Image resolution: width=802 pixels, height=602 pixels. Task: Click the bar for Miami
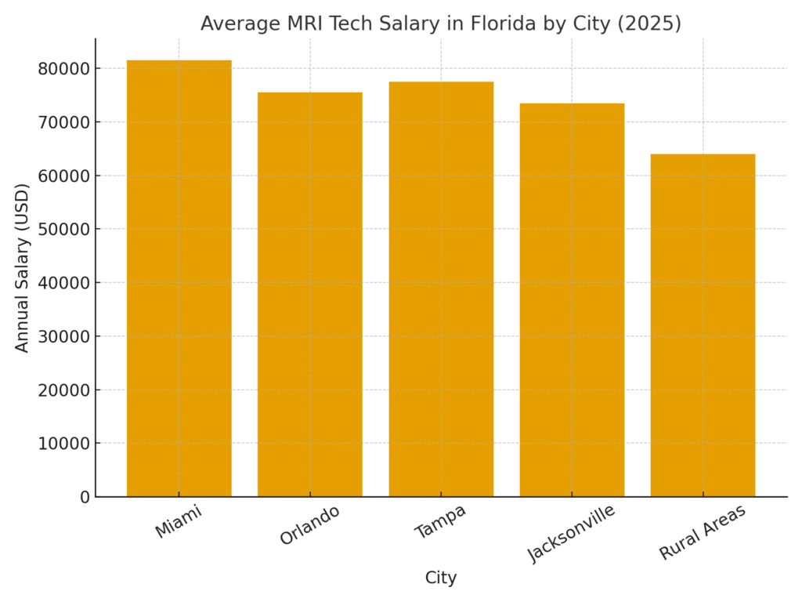179,278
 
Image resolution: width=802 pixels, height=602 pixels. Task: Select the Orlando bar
309,294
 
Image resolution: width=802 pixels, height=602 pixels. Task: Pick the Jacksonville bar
572,299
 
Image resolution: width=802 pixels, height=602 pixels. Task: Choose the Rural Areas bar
703,325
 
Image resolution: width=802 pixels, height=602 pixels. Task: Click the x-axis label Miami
179,521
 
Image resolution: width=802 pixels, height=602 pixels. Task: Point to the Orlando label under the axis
310,525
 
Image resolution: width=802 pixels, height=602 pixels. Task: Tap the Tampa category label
440,521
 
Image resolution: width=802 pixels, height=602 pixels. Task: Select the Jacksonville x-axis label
572,533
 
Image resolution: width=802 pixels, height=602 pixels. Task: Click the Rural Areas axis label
703,532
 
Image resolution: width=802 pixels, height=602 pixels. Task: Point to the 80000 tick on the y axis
63,69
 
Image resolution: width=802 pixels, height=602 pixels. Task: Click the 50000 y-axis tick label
63,230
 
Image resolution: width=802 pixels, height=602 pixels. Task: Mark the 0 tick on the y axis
85,497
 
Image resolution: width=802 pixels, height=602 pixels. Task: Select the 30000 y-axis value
63,336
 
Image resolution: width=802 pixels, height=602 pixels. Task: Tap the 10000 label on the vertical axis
63,444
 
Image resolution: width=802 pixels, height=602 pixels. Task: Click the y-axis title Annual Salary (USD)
23,267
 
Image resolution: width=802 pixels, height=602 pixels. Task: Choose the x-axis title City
441,578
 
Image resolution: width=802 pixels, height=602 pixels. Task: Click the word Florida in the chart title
501,24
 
